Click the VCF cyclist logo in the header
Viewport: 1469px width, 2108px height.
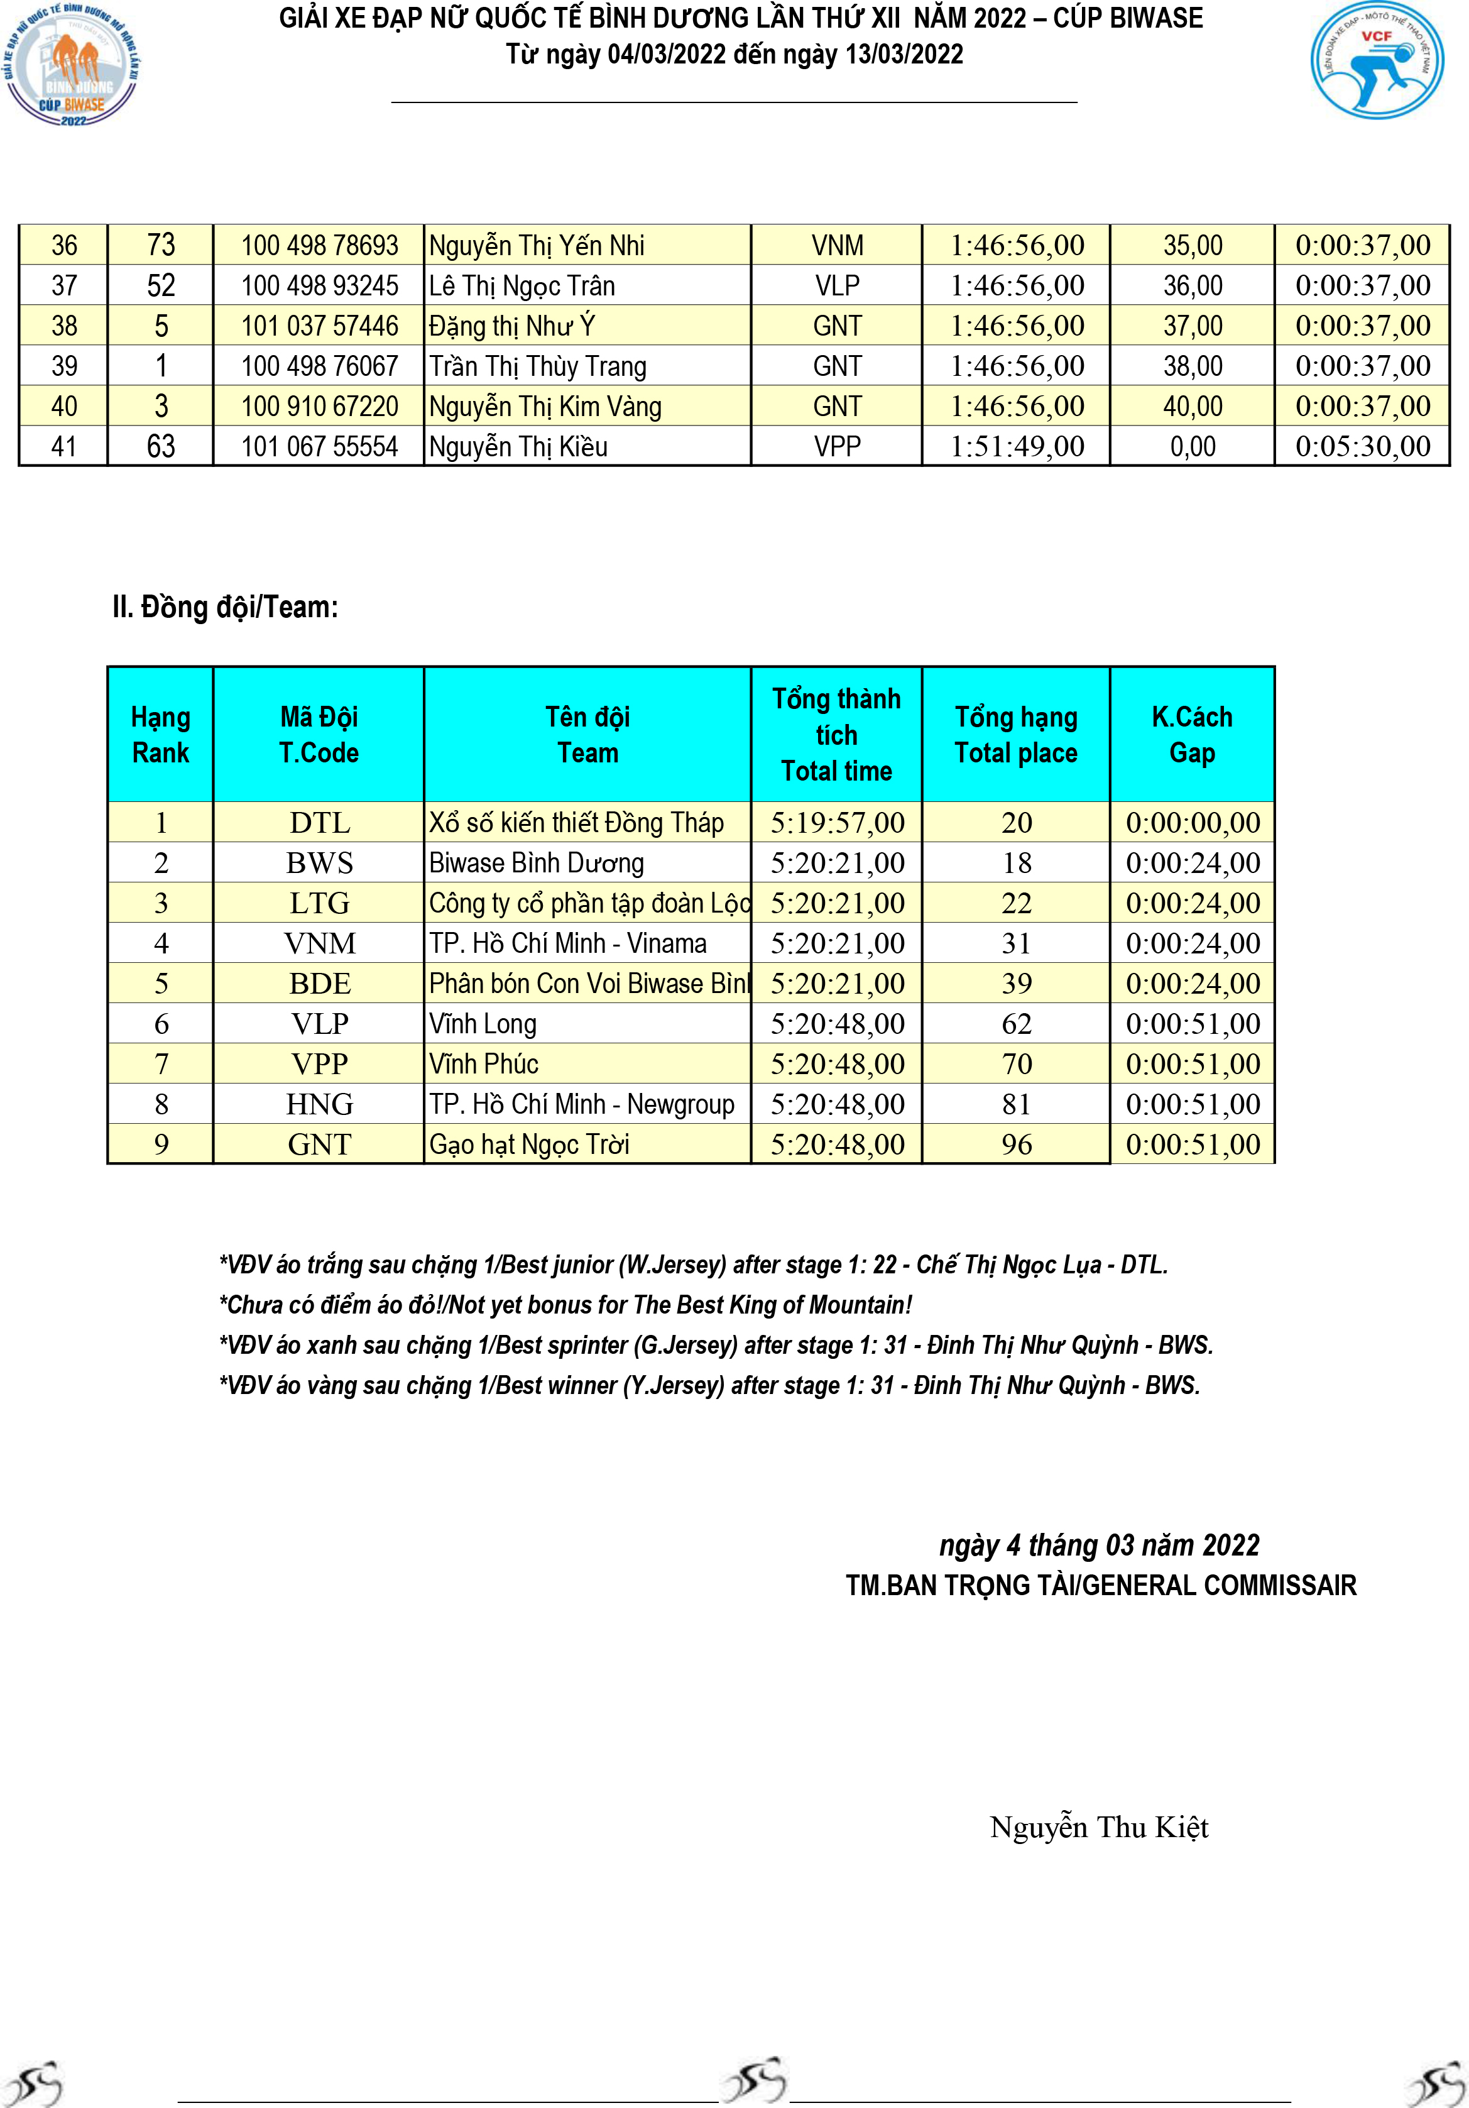tap(1376, 60)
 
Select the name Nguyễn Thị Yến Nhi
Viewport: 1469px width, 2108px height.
tap(537, 246)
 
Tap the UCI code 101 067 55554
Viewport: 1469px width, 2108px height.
tap(320, 447)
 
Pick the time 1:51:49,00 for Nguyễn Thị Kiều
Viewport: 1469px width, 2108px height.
tap(1017, 447)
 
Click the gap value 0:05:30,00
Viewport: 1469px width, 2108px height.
tap(1362, 447)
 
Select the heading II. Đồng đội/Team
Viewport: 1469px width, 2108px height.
tap(225, 608)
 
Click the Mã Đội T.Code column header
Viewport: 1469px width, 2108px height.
tap(319, 735)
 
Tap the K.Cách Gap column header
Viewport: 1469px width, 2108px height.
tap(1192, 735)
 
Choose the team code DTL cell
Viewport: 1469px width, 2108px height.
tap(320, 823)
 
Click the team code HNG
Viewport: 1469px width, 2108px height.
tap(320, 1104)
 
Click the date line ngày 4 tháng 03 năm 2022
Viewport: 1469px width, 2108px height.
tap(1099, 1545)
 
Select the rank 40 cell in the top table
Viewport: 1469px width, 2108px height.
tap(64, 407)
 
